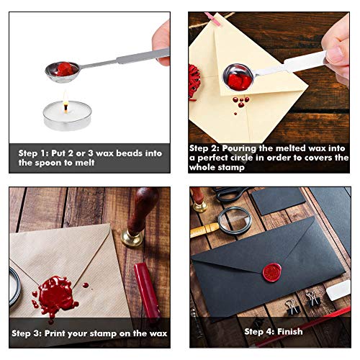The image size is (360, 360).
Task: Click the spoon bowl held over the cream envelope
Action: (238, 76)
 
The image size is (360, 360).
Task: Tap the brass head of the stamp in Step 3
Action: (132, 237)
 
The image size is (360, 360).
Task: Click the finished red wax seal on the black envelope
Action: (274, 274)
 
